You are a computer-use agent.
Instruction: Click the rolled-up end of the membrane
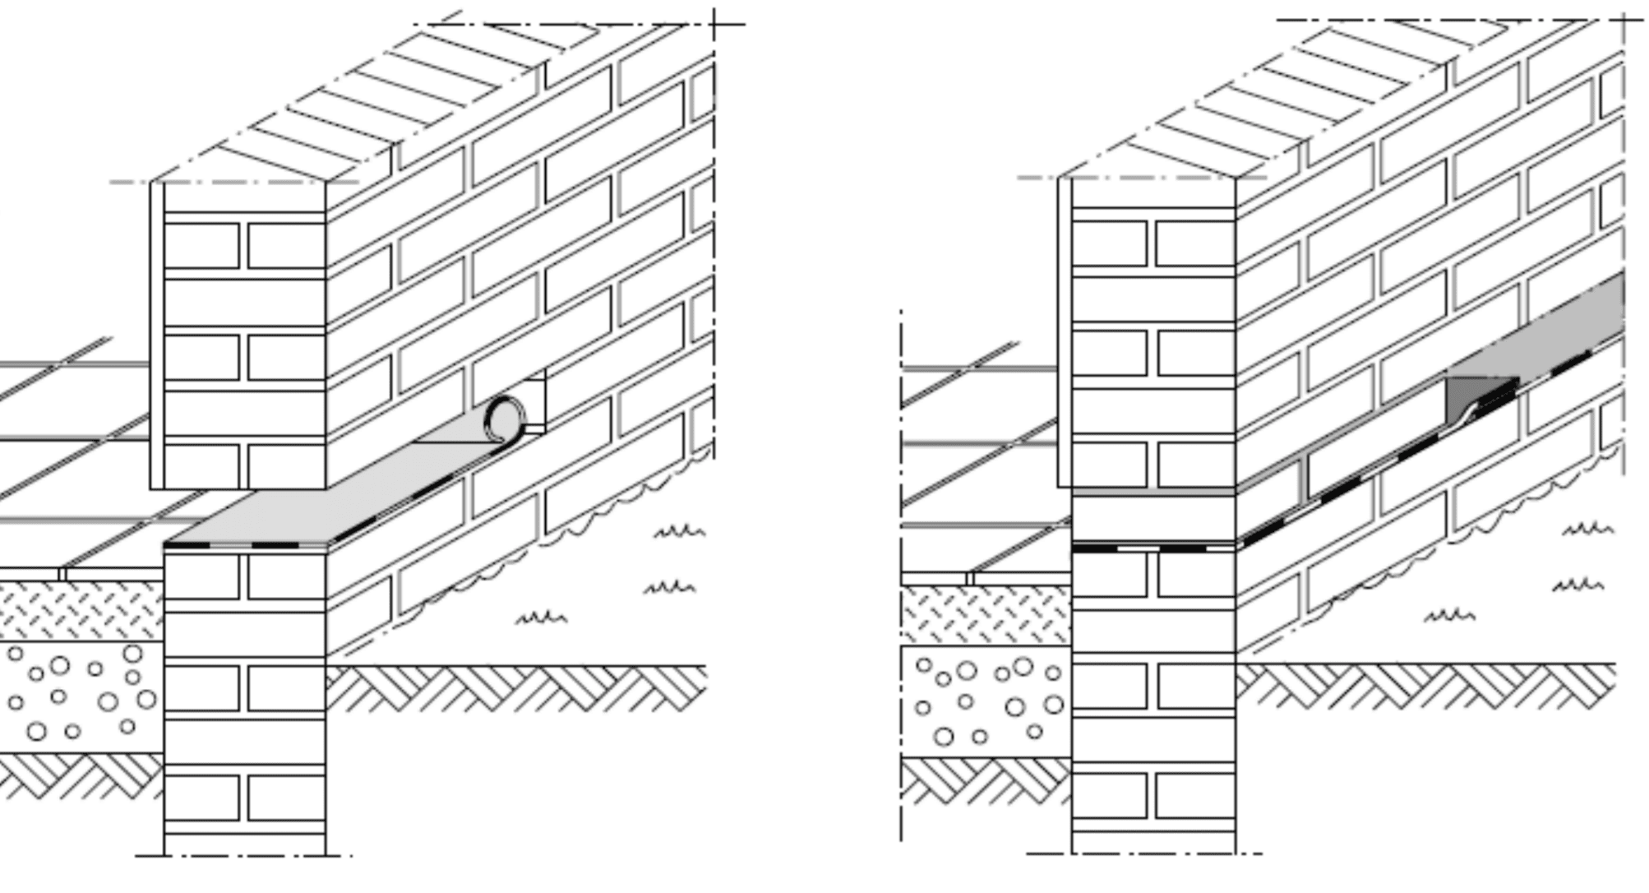(x=504, y=419)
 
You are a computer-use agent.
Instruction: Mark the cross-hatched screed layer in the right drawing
(x=986, y=615)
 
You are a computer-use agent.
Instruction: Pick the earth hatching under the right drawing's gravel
(x=986, y=781)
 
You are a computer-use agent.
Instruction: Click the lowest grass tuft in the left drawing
(x=541, y=617)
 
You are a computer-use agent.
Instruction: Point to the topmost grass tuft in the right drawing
(x=1587, y=528)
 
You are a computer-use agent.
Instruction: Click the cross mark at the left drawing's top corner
(x=714, y=24)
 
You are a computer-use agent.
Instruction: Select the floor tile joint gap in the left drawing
(x=62, y=574)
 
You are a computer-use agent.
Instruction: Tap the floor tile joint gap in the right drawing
(x=970, y=579)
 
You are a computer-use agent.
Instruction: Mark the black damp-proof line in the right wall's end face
(x=1151, y=548)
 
